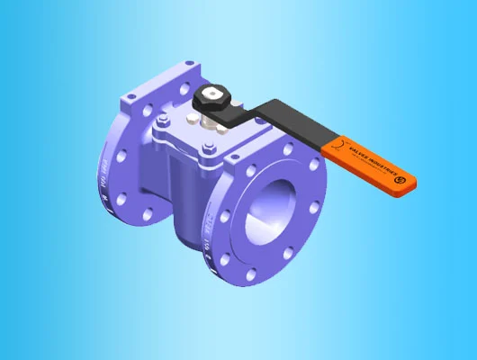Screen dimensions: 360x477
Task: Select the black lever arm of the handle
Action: tap(279, 121)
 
